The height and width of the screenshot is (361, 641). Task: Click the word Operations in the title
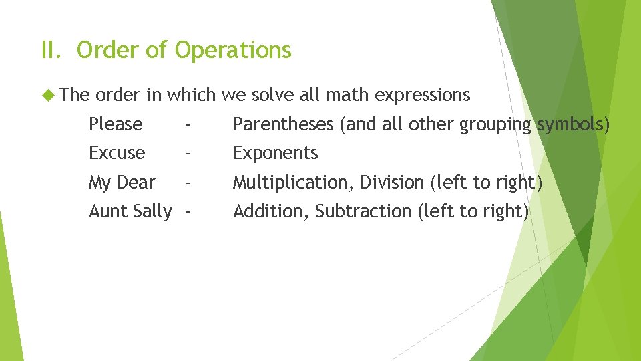coord(233,51)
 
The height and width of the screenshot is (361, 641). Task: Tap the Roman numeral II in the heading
coord(51,50)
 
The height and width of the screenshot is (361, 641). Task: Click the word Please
coord(116,124)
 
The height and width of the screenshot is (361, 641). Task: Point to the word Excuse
coord(117,153)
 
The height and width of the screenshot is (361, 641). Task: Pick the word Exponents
coord(275,154)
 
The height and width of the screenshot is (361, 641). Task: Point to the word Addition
coord(270,211)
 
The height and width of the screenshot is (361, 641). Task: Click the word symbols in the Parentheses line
coord(574,125)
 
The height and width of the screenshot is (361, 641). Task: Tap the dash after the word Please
coord(190,124)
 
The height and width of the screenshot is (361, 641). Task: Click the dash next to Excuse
coord(190,153)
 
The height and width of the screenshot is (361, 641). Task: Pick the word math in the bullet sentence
coord(347,95)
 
